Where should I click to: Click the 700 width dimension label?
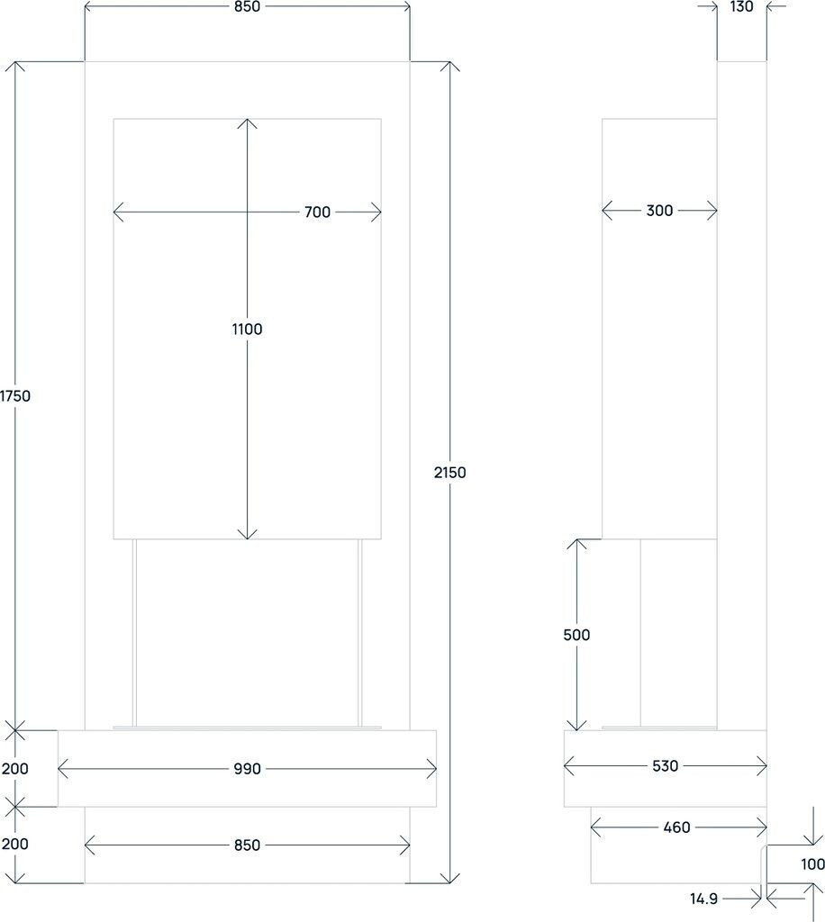pyautogui.click(x=317, y=212)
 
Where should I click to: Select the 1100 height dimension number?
pyautogui.click(x=247, y=330)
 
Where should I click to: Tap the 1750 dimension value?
pyautogui.click(x=15, y=395)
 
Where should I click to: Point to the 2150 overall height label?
pyautogui.click(x=449, y=472)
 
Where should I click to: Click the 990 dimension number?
pyautogui.click(x=247, y=769)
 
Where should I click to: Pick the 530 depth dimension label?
pyautogui.click(x=665, y=766)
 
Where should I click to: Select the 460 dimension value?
pyautogui.click(x=676, y=827)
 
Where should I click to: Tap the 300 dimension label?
pyautogui.click(x=659, y=211)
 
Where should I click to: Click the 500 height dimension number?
pyautogui.click(x=576, y=635)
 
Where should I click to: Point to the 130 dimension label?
pyautogui.click(x=741, y=6)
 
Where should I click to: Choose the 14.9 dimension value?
pyautogui.click(x=704, y=899)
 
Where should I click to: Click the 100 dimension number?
pyautogui.click(x=811, y=864)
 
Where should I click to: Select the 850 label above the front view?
pyautogui.click(x=247, y=6)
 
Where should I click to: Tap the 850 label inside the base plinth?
pyautogui.click(x=247, y=845)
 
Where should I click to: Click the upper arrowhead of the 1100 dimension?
pyautogui.click(x=247, y=122)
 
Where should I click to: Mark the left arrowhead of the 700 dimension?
pyautogui.click(x=117, y=212)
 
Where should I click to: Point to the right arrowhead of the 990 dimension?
pyautogui.click(x=433, y=769)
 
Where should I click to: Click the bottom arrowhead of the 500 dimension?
pyautogui.click(x=576, y=726)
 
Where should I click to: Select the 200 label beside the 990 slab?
pyautogui.click(x=15, y=769)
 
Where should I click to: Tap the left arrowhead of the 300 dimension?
pyautogui.click(x=605, y=211)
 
